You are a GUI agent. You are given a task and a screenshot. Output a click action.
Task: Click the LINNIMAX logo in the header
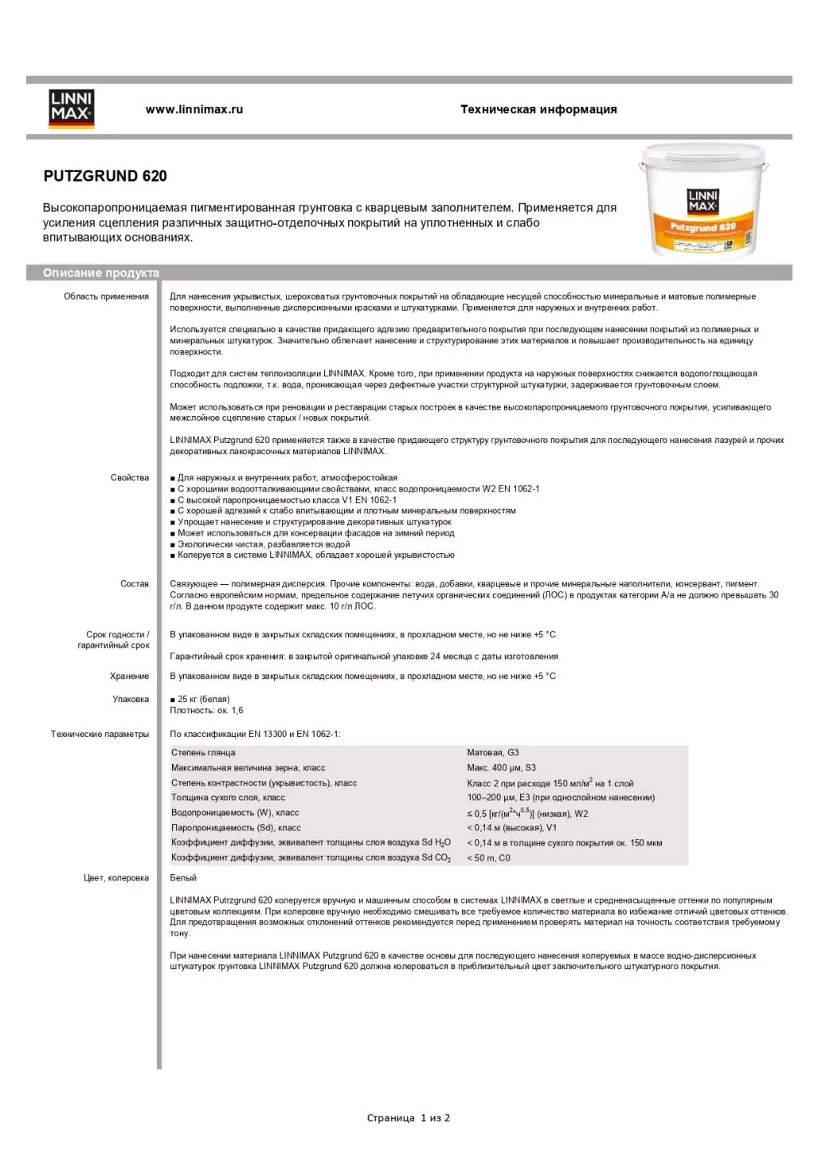72,108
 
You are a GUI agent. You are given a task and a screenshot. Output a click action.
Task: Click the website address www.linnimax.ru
194,110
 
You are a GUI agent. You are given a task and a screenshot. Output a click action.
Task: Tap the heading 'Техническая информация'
538,110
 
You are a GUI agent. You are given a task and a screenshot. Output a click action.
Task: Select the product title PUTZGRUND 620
105,176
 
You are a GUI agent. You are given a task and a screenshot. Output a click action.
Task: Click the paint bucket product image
703,202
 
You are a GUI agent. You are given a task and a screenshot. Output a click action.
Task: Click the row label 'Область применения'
106,296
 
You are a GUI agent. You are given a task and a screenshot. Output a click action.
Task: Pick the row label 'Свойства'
130,478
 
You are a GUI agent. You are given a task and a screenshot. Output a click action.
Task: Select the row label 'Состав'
135,584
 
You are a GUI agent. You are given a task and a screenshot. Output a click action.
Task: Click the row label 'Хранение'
130,677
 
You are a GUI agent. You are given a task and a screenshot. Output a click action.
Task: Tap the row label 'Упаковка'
131,700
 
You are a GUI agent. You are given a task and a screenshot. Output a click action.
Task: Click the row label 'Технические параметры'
100,735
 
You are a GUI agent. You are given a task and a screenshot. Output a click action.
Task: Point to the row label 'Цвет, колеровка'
116,878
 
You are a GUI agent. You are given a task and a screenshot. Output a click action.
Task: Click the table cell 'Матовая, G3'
493,753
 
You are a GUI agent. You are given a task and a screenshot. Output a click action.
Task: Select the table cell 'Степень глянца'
203,753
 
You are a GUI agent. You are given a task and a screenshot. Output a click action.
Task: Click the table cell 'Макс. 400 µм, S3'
502,768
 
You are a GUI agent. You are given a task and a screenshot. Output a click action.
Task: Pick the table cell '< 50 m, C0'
488,858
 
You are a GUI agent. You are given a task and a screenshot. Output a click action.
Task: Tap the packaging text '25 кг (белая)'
203,700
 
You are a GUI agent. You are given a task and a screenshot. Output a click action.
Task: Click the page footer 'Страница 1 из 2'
409,1118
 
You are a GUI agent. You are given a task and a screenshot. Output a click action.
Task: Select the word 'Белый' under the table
183,878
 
